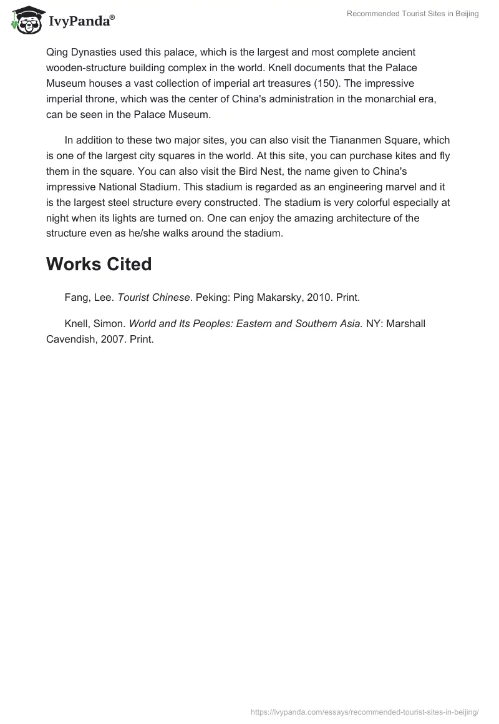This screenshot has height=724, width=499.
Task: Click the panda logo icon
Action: [x=25, y=19]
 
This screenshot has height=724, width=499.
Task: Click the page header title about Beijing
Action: [x=413, y=14]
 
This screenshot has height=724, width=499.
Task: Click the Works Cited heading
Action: [x=99, y=264]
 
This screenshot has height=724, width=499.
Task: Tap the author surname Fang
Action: [x=77, y=298]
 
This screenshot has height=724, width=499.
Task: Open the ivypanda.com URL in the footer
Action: [x=364, y=712]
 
